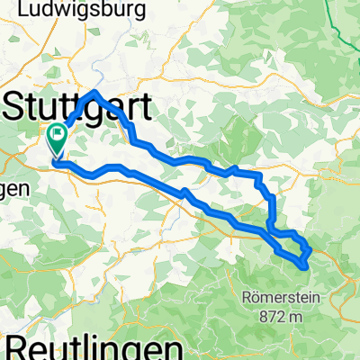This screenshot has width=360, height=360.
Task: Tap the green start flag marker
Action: [x=58, y=139]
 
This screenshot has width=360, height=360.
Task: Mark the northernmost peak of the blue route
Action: [x=95, y=92]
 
